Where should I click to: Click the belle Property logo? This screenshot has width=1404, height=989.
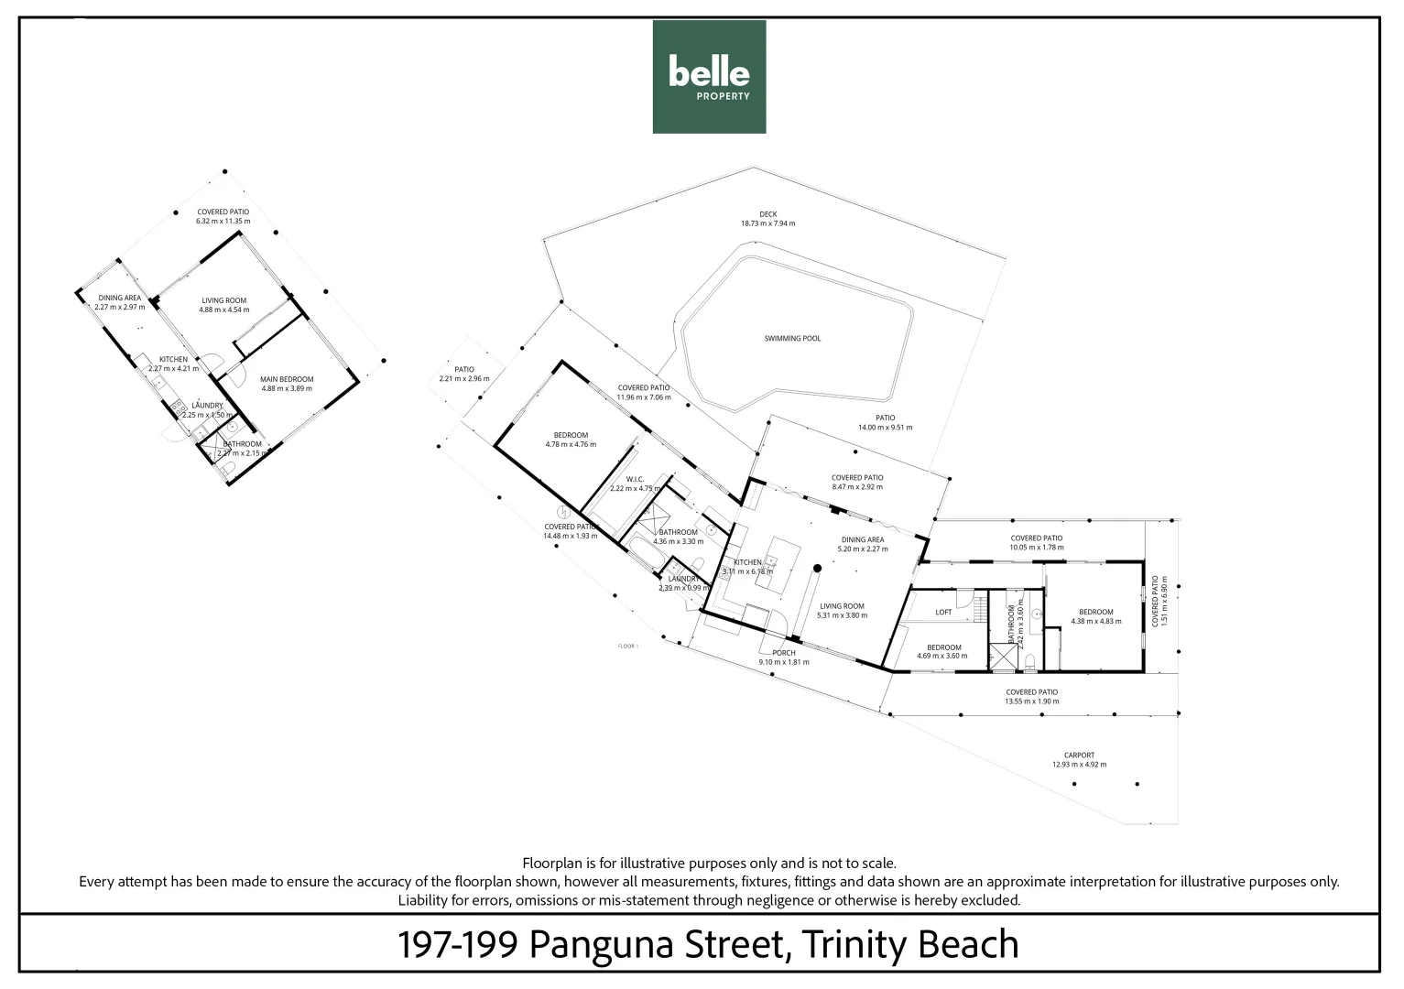(709, 77)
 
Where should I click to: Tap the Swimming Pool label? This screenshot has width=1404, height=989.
(792, 339)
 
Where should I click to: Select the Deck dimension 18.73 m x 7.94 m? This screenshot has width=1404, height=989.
(767, 223)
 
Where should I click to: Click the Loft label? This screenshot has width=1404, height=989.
(943, 613)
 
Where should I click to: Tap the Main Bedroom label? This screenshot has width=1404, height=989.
(287, 379)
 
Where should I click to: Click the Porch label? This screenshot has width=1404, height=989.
(783, 653)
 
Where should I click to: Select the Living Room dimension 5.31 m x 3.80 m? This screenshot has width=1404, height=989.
(842, 615)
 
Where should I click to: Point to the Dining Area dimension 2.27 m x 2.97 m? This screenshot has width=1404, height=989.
(119, 307)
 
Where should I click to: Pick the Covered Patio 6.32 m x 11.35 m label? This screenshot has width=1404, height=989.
(223, 212)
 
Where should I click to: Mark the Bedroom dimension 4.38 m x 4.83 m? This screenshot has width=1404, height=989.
(1095, 622)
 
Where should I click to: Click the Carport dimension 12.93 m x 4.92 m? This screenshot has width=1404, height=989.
(1079, 765)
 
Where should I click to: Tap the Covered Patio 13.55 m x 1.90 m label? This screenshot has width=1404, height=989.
(1031, 692)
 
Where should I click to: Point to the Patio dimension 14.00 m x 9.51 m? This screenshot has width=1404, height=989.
(884, 428)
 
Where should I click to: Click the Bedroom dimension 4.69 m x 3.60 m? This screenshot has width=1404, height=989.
(942, 657)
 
